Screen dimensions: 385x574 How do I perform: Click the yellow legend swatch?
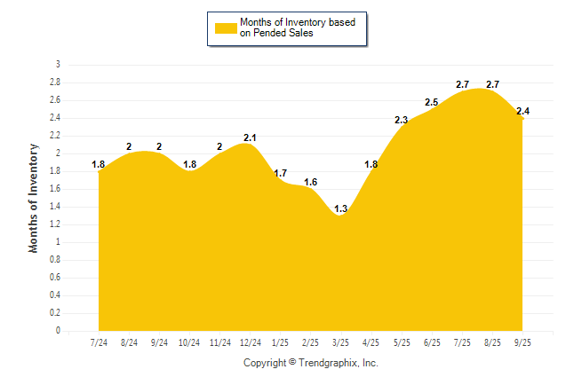point(225,27)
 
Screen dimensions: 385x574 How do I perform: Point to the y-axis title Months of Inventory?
point(34,198)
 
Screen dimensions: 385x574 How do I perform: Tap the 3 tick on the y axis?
point(58,65)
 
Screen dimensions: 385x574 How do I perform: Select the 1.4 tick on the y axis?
point(55,207)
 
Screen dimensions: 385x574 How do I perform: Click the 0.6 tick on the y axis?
point(55,278)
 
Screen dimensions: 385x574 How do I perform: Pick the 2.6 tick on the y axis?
point(55,100)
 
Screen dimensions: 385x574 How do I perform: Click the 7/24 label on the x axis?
point(98,342)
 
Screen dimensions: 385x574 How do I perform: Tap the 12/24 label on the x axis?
point(250,342)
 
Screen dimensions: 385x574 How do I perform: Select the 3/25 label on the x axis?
point(340,342)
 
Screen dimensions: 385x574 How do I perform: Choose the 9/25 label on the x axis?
point(522,342)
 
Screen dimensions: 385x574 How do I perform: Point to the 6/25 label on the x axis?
point(432,342)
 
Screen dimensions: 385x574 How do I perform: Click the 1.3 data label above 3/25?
point(340,209)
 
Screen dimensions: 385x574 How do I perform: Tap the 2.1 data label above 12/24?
point(250,137)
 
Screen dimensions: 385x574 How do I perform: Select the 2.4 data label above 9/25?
point(522,111)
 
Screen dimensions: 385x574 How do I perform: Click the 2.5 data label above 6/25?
point(432,103)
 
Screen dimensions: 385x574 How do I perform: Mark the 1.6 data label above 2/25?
point(310,182)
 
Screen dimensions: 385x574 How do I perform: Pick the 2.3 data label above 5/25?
point(401,121)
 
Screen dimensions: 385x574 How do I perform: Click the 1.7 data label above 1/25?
point(280,173)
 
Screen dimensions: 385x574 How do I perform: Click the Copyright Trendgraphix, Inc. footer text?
point(311,363)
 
